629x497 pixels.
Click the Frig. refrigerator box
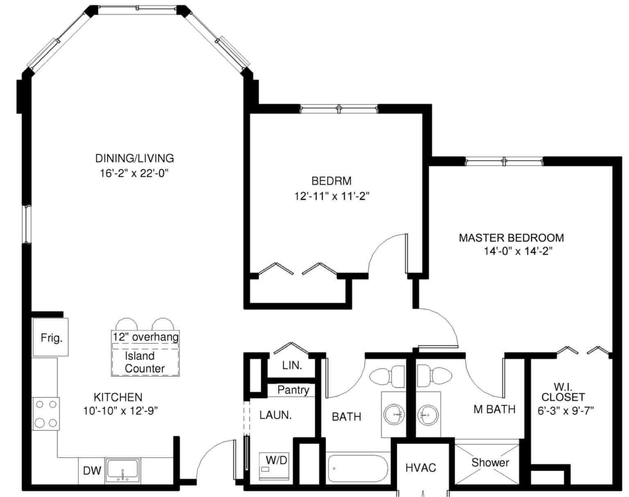pos(50,337)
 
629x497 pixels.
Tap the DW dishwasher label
pos(92,471)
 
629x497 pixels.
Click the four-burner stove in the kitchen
pos(46,414)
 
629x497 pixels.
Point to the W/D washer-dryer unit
pos(274,466)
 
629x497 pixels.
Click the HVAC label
pos(421,468)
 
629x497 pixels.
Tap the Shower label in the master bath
pos(490,462)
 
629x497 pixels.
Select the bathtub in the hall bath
pos(358,468)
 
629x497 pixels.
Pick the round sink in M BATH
pos(428,414)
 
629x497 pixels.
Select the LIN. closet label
pos(292,365)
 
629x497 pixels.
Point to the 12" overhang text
pos(145,337)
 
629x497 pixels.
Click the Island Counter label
pos(145,362)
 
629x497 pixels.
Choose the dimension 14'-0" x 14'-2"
pos(518,251)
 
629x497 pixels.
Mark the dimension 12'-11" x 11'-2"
pos(331,196)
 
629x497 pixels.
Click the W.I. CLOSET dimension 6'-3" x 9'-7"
pos(566,411)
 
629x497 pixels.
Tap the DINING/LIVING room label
pos(134,158)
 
